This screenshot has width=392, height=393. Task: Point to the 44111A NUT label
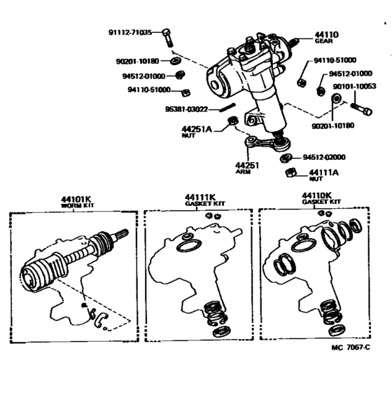(323, 173)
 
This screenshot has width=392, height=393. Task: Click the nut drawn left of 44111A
(289, 173)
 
